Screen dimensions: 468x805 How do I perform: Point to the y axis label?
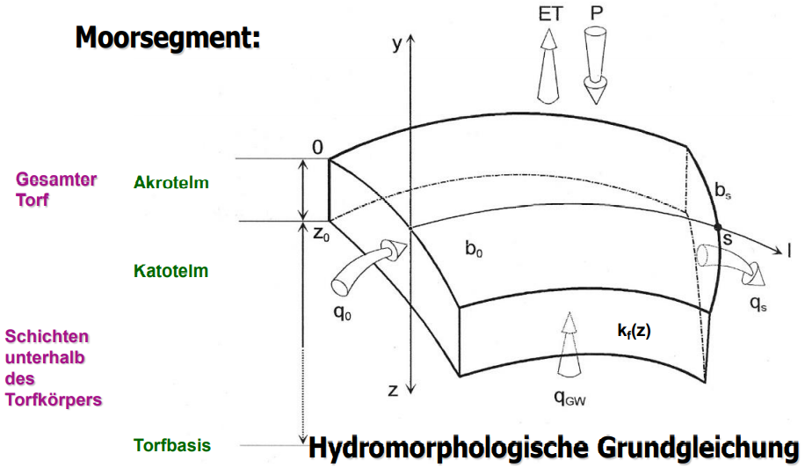pyautogui.click(x=397, y=43)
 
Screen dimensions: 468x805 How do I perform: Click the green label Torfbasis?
pyautogui.click(x=171, y=445)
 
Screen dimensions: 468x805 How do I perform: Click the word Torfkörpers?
pyautogui.click(x=54, y=399)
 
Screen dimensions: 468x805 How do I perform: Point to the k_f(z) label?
pyautogui.click(x=633, y=331)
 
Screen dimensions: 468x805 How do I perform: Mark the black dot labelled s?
pyautogui.click(x=718, y=228)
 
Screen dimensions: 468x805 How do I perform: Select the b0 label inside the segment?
pyautogui.click(x=475, y=249)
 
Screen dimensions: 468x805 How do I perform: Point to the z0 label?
pyautogui.click(x=319, y=235)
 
